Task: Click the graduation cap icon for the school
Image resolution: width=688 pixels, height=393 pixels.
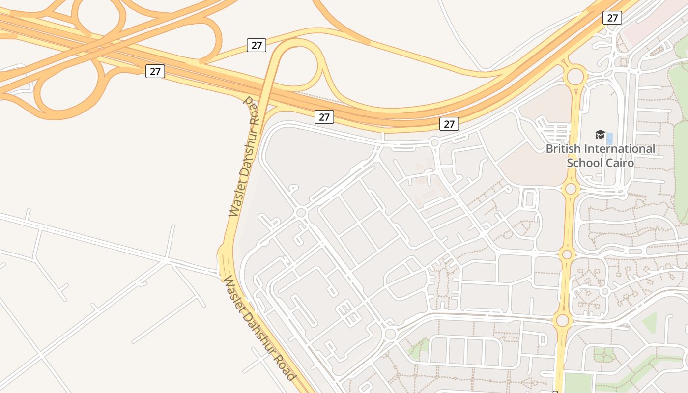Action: coord(600,134)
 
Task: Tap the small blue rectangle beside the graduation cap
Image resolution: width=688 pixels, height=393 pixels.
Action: coord(609,138)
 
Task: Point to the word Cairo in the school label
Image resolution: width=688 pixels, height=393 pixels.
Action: coord(621,163)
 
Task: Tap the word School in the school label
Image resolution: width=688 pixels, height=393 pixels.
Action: coord(586,163)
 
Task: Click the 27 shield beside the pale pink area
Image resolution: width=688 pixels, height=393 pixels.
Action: coord(612,18)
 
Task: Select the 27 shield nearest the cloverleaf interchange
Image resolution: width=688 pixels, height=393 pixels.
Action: coord(155,71)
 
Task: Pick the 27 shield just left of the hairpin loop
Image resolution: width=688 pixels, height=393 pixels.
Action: coord(257,46)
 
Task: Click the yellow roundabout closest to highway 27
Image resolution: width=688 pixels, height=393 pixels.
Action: coord(575,77)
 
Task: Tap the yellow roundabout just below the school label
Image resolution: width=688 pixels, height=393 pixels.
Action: coord(571,189)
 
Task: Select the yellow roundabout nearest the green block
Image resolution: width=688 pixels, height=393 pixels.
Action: coord(563,321)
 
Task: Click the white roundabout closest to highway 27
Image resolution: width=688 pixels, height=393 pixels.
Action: coord(434,143)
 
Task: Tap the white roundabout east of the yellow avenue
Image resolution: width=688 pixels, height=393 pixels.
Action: coord(605,291)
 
